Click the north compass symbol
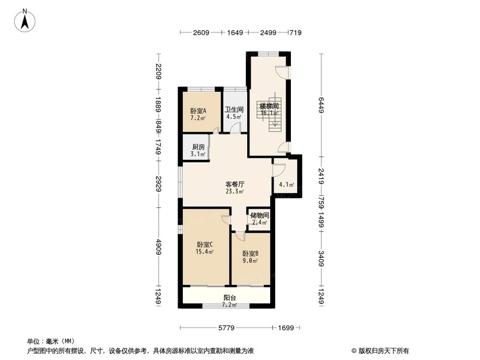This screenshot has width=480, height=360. pos(25,21)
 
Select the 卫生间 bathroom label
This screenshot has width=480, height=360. pos(234,109)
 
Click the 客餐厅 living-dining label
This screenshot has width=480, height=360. pos(235,184)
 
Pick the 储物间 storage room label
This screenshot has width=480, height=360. pos(260,215)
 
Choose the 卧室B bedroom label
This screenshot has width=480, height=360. pos(251,253)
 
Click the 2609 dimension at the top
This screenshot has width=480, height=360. pos(201,33)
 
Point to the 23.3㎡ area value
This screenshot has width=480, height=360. pos(235,191)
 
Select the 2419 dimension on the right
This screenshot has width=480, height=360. pos(321,175)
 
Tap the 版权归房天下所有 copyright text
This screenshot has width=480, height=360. pos(382,350)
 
